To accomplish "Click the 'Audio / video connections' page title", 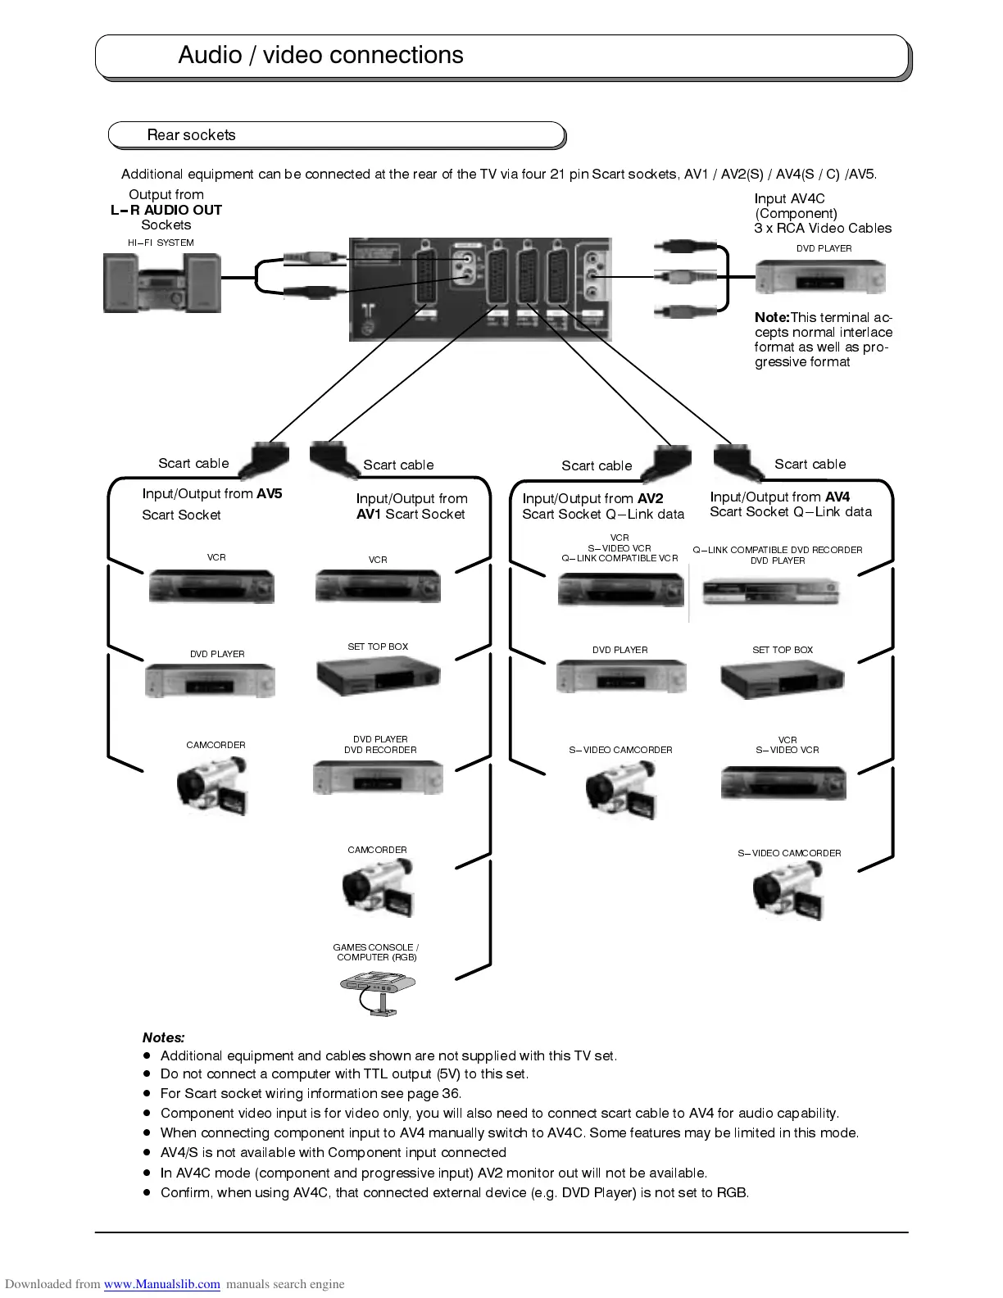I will [320, 55].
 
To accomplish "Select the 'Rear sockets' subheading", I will [191, 135].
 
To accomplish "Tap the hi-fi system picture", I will [161, 282].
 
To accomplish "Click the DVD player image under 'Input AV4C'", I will [819, 277].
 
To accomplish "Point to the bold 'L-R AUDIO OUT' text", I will [166, 210].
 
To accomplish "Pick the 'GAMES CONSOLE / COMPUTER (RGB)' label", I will [376, 952].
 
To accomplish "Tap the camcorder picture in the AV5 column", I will [212, 785].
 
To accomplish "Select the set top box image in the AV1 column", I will [378, 675].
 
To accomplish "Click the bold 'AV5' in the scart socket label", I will [269, 493].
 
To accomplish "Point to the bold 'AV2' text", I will [650, 498].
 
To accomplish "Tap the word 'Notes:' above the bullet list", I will [163, 1037].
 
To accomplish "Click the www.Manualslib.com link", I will [161, 1284].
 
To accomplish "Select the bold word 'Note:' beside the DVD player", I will [772, 317].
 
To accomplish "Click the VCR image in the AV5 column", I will [211, 586].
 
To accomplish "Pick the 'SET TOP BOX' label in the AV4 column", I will [783, 650].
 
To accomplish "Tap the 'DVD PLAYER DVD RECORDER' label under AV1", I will [380, 744].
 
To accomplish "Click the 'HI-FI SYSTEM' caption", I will [161, 243].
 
